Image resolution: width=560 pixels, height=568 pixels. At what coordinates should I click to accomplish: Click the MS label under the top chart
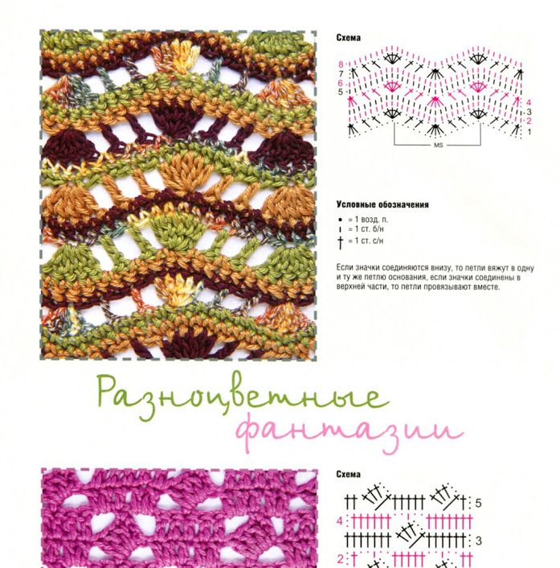click(438, 146)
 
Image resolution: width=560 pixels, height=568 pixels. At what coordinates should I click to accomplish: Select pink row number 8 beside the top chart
click(341, 65)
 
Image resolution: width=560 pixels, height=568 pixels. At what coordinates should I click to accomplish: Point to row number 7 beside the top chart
click(341, 74)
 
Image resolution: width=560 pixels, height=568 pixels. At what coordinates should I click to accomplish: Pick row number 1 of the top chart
click(529, 132)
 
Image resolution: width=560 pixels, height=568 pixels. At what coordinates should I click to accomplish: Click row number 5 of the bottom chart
click(478, 503)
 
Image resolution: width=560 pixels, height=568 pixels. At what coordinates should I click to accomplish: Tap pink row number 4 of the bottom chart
click(340, 521)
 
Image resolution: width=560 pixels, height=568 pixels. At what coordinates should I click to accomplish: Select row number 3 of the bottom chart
click(478, 541)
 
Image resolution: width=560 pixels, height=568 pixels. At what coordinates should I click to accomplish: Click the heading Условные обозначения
click(382, 204)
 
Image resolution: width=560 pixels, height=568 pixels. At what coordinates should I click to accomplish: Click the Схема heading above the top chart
click(349, 38)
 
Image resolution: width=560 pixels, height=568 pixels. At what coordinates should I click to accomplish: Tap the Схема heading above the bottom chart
click(349, 474)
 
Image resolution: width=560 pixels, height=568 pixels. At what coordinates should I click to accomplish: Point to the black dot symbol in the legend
click(340, 220)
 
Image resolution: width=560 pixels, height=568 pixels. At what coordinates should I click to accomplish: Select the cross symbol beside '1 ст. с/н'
click(340, 242)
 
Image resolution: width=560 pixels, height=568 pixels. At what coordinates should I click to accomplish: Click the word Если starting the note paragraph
click(344, 268)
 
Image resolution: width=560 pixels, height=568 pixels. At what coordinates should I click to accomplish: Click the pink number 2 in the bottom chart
click(341, 558)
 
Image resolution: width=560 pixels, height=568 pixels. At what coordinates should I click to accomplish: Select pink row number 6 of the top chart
click(340, 84)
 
